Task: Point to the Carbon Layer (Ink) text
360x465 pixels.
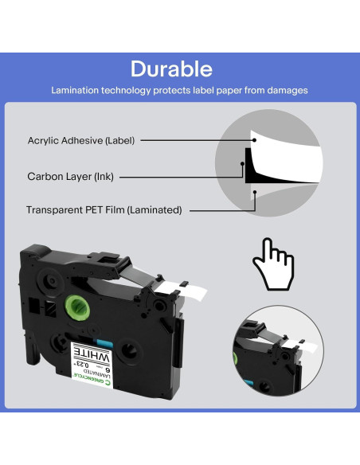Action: point(72,175)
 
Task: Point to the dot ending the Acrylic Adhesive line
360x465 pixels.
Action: point(254,140)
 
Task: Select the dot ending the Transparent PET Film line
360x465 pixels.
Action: point(254,192)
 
